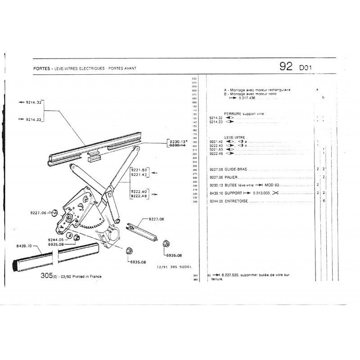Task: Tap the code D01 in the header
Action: point(306,68)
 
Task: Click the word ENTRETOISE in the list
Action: point(237,201)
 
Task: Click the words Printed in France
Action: point(85,276)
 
